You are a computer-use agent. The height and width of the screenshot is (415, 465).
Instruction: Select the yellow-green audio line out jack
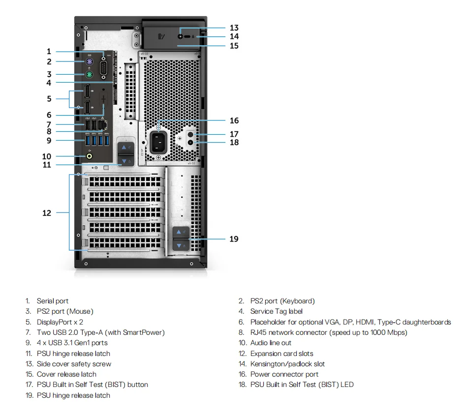pyautogui.click(x=89, y=156)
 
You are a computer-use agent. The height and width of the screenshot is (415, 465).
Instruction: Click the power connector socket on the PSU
pyautogui.click(x=158, y=142)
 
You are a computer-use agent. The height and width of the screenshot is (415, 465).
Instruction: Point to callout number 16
pyautogui.click(x=234, y=120)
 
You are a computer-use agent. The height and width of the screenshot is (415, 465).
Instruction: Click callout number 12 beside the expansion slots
pyautogui.click(x=47, y=213)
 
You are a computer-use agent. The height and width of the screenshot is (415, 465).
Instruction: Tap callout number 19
pyautogui.click(x=234, y=239)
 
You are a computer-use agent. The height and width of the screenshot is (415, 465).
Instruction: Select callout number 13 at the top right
pyautogui.click(x=234, y=28)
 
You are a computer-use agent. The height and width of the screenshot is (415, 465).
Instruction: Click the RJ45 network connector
pyautogui.click(x=103, y=125)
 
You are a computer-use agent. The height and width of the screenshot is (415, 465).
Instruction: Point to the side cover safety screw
pyautogui.click(x=182, y=36)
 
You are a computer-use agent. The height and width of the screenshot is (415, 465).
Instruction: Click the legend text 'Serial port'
pyautogui.click(x=53, y=301)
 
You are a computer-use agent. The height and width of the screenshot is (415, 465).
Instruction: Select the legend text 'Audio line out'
pyautogui.click(x=271, y=343)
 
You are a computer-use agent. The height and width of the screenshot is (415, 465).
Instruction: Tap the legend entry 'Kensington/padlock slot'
pyautogui.click(x=287, y=364)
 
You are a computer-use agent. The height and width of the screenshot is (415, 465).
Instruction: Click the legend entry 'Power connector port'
pyautogui.click(x=284, y=374)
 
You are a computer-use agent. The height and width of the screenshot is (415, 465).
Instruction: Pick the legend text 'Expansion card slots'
pyautogui.click(x=281, y=354)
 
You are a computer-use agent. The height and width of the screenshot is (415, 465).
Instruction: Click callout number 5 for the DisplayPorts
pyautogui.click(x=49, y=99)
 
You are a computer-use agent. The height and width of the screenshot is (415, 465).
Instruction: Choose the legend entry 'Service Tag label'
pyautogui.click(x=276, y=311)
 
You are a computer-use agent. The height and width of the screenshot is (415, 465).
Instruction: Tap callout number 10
pyautogui.click(x=47, y=156)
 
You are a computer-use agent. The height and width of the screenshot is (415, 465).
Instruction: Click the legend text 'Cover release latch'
pyautogui.click(x=66, y=374)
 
